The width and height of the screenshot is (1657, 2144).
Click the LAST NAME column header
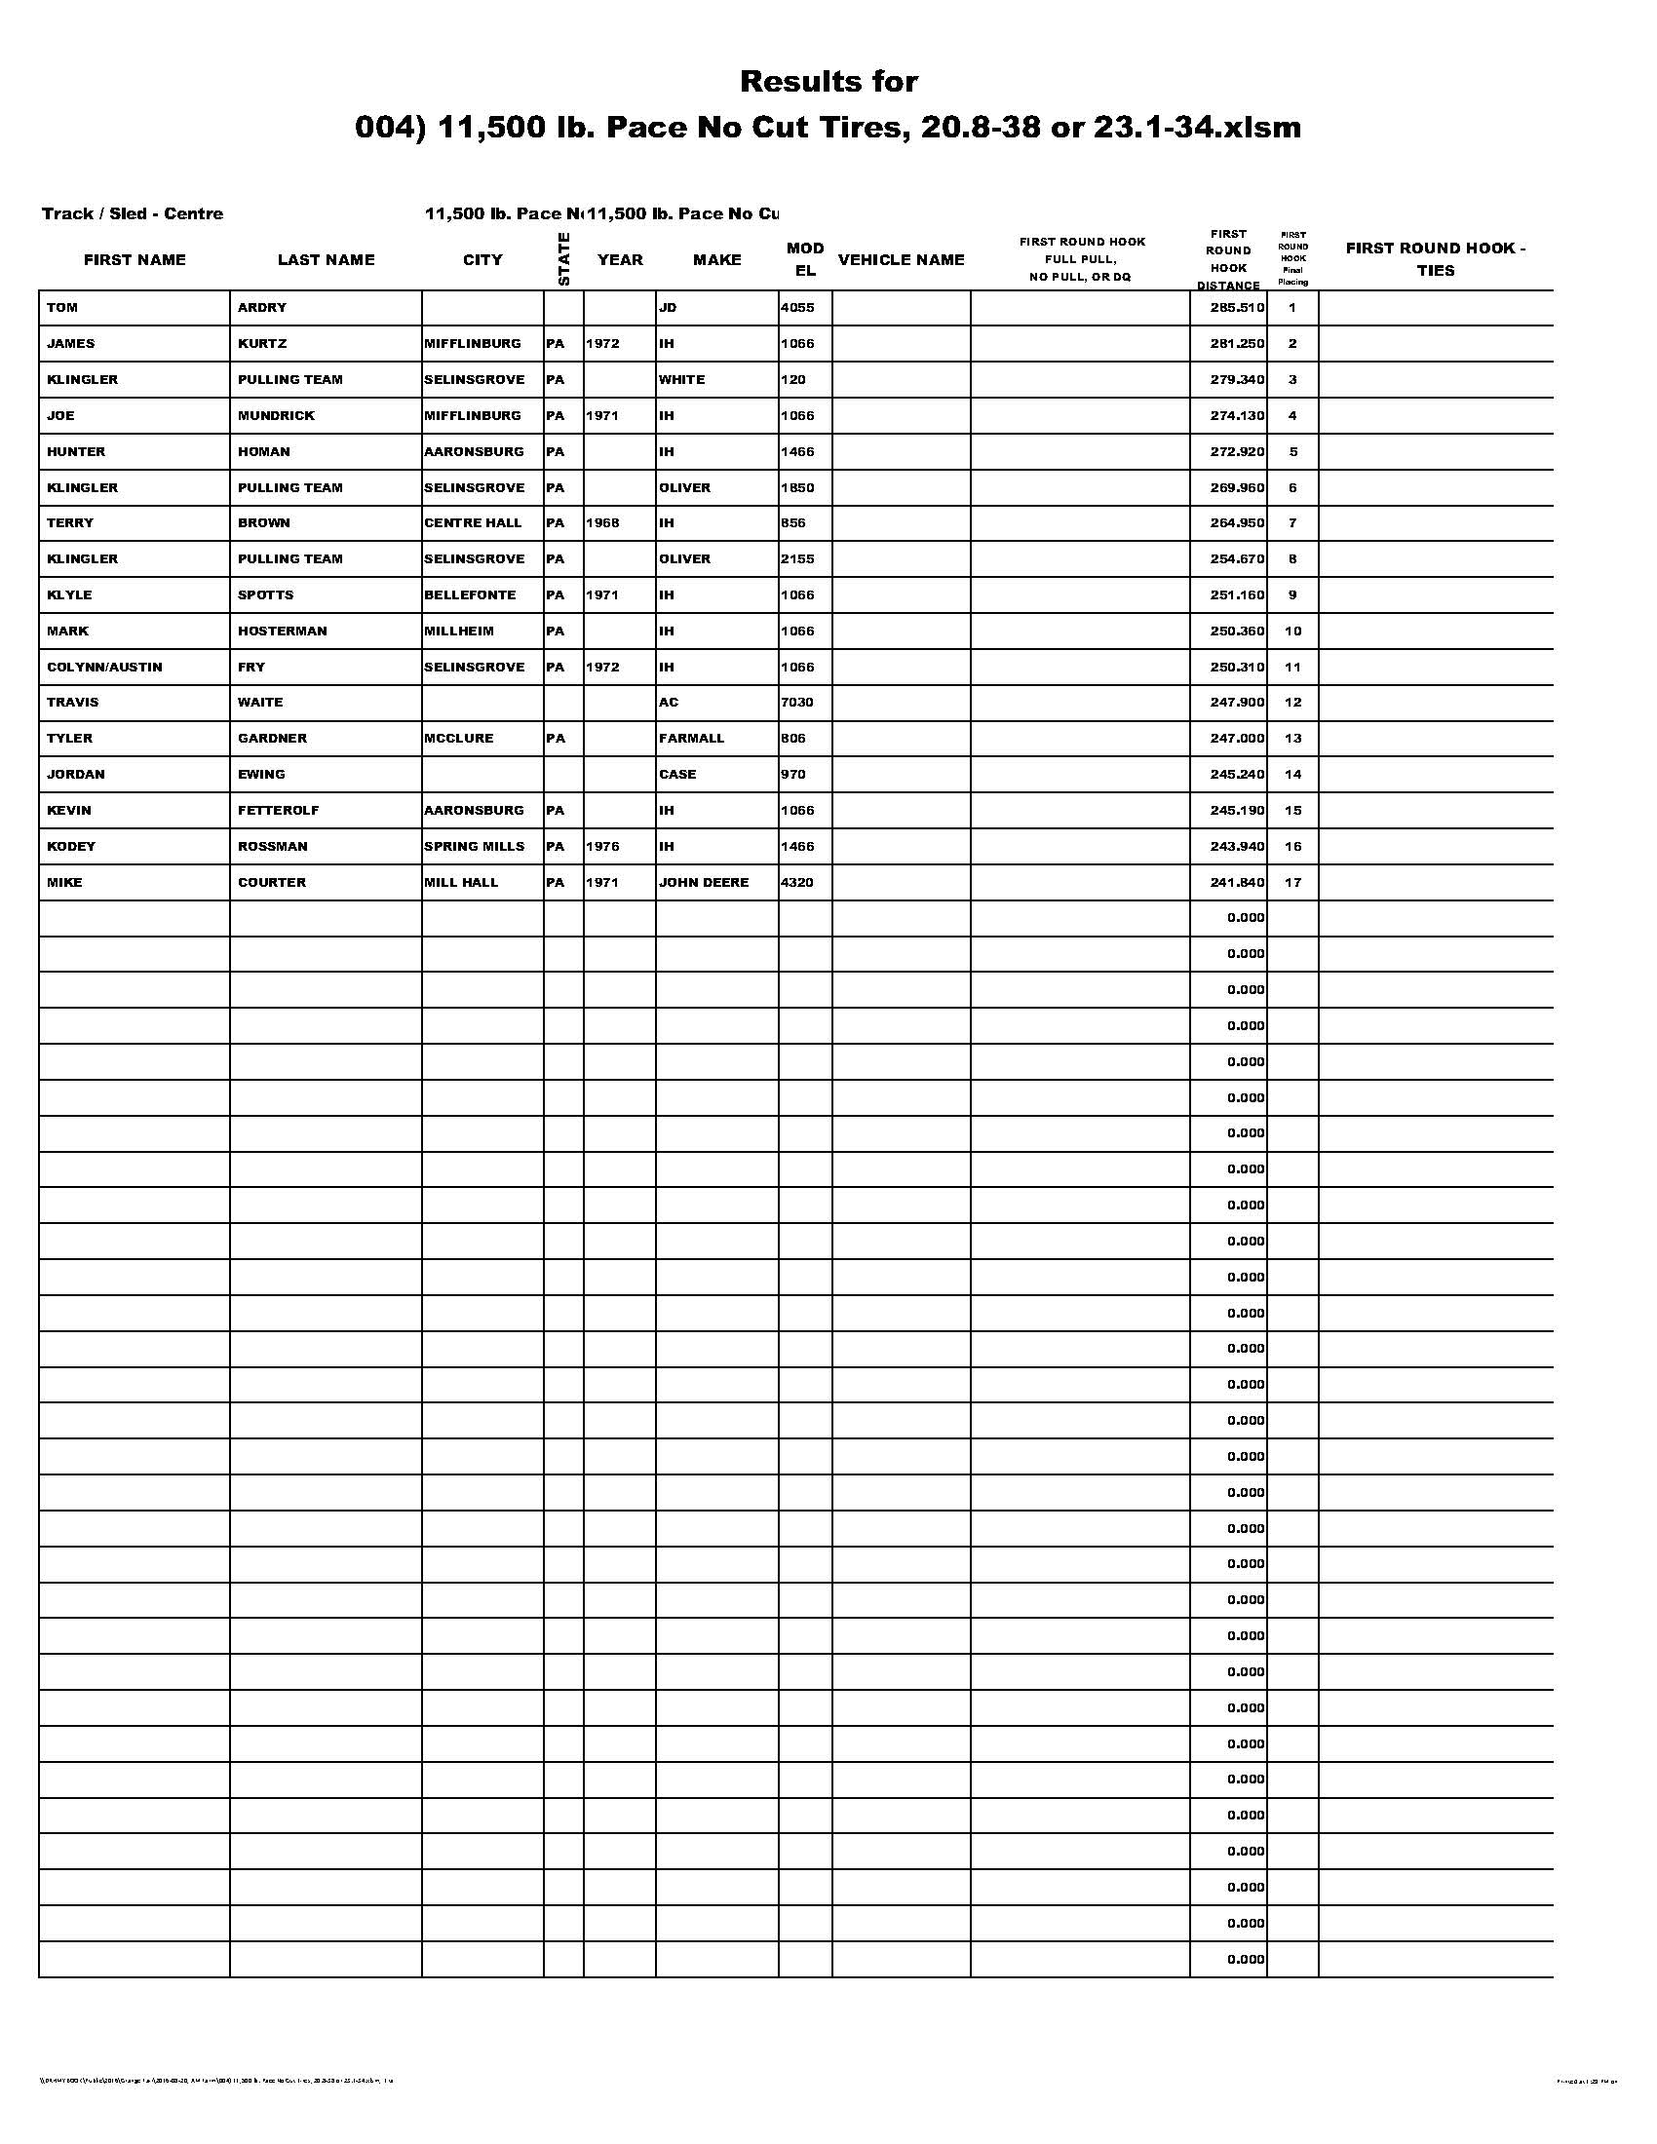(x=326, y=260)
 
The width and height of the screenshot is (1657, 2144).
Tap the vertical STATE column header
(x=563, y=259)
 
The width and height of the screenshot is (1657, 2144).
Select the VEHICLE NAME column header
(x=902, y=260)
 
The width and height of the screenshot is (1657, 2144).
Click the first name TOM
(x=61, y=308)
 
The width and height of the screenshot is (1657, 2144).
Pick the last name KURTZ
(x=261, y=344)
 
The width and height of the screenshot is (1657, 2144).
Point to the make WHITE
(x=681, y=380)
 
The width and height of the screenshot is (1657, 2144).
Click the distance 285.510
(x=1237, y=308)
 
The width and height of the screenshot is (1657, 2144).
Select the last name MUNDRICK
(x=276, y=416)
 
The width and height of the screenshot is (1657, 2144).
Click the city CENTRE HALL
(x=473, y=523)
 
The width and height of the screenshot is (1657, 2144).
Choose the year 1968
(x=602, y=523)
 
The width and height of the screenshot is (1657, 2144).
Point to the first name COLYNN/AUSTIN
(x=105, y=668)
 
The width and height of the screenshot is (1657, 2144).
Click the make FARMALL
(x=691, y=739)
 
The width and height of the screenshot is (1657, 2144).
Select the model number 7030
(x=796, y=703)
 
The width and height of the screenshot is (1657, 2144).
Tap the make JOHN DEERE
(x=704, y=883)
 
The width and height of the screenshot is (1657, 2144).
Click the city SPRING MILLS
(x=474, y=846)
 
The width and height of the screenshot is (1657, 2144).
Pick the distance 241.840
(x=1237, y=883)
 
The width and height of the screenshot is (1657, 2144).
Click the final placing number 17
(x=1292, y=883)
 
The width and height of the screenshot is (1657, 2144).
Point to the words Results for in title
(x=828, y=82)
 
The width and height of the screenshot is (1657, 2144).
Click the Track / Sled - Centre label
(x=133, y=214)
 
